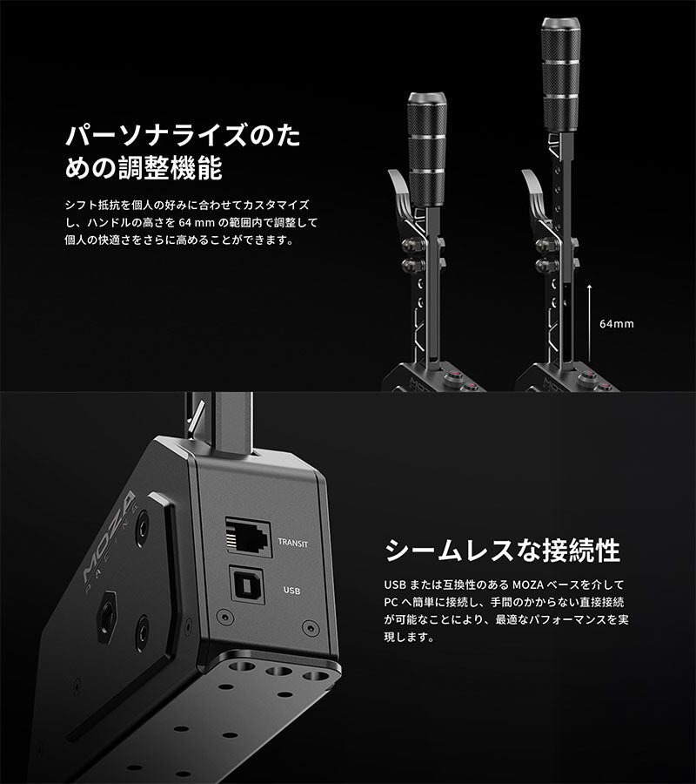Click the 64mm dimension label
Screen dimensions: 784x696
point(617,323)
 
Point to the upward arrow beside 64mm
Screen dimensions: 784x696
point(590,314)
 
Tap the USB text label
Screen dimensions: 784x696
point(292,590)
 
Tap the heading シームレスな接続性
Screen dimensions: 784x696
point(502,551)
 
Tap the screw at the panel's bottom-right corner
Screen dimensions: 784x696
point(307,627)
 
